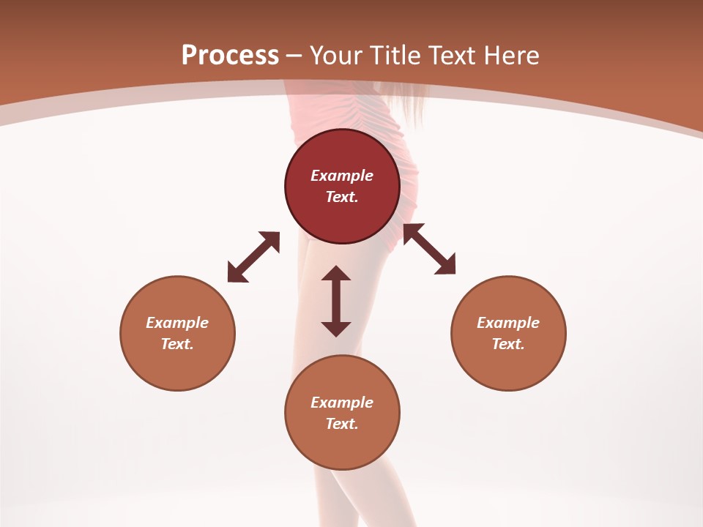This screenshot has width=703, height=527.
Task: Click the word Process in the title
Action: (x=230, y=56)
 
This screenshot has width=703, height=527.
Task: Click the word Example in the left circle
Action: (x=177, y=323)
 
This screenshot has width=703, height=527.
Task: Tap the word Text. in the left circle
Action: (x=177, y=344)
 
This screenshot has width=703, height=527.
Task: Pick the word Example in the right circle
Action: (x=508, y=323)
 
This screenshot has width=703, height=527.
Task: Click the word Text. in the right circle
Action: (x=508, y=344)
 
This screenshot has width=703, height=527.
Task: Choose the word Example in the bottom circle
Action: (x=342, y=403)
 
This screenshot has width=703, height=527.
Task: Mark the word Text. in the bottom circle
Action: (x=342, y=424)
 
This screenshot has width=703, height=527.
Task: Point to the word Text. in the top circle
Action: (x=342, y=197)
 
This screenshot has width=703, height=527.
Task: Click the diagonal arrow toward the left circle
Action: (x=253, y=257)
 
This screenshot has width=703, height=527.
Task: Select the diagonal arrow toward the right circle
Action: (x=429, y=249)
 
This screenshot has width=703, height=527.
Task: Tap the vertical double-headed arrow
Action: (x=336, y=301)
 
